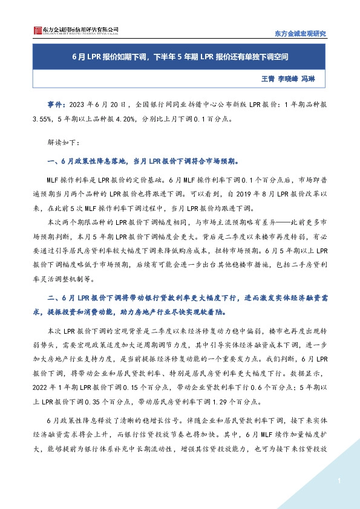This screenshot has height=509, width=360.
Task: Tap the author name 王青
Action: [267, 79]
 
